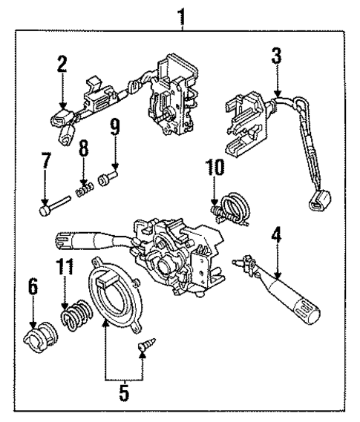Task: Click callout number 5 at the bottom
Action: (123, 390)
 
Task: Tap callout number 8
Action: (84, 148)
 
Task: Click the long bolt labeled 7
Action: (55, 208)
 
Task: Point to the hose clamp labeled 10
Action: (232, 205)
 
